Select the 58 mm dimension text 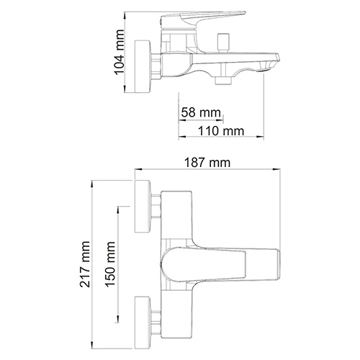(x=199, y=113)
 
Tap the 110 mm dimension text (x=220, y=130)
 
